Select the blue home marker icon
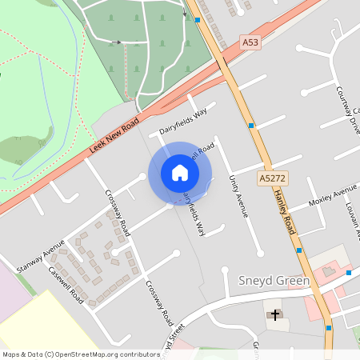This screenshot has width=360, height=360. (x=180, y=173)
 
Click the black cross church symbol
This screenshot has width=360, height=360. (x=276, y=314)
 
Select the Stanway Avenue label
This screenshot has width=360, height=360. (x=41, y=256)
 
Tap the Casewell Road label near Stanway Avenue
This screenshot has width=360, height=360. (x=66, y=282)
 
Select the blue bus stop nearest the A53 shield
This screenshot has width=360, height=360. (x=198, y=19)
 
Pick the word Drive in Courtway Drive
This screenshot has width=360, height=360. (x=351, y=118)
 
